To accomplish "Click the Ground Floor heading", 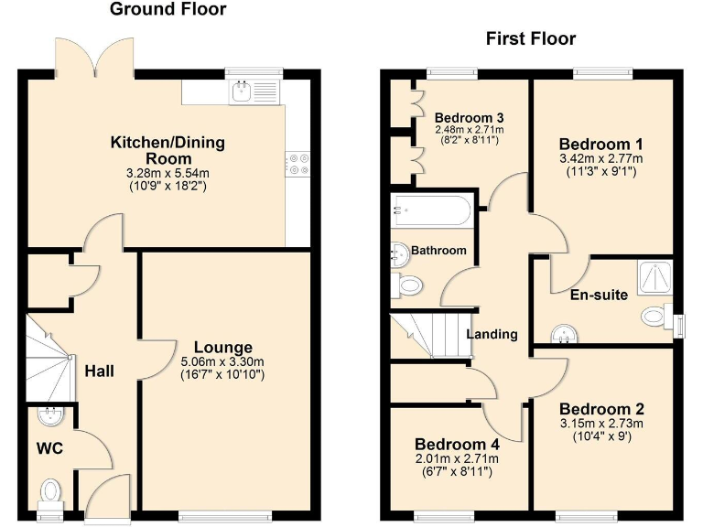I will pyautogui.click(x=168, y=10).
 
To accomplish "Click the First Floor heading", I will pyautogui.click(x=530, y=38).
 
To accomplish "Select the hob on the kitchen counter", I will pyautogui.click(x=298, y=163).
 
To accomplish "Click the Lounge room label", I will pyautogui.click(x=222, y=348).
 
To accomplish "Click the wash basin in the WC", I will pyautogui.click(x=49, y=416).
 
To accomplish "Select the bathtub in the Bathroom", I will pyautogui.click(x=430, y=212).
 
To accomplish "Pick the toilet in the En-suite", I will pyautogui.click(x=655, y=317).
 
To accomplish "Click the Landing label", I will pyautogui.click(x=492, y=334).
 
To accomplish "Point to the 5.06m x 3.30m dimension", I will pyautogui.click(x=222, y=361).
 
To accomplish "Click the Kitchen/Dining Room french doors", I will pyautogui.click(x=98, y=59).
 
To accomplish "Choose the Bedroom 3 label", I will pyautogui.click(x=469, y=118).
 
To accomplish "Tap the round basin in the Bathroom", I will pyautogui.click(x=399, y=253).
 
